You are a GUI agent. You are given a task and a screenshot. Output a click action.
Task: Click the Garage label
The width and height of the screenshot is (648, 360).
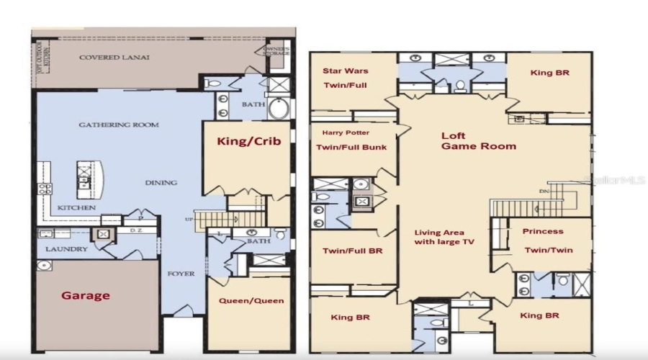(85, 295)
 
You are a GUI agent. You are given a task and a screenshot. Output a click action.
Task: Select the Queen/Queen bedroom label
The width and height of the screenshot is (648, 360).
(251, 300)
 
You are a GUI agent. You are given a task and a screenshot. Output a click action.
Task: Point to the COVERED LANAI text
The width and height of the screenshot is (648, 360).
(114, 58)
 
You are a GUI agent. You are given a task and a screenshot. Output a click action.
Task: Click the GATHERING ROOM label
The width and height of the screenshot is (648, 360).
(118, 125)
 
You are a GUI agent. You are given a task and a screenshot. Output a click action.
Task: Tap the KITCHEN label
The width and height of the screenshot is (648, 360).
(77, 207)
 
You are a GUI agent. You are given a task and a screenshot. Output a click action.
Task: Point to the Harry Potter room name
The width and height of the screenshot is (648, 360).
(346, 132)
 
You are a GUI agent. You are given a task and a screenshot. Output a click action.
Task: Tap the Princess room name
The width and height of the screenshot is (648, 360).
(544, 231)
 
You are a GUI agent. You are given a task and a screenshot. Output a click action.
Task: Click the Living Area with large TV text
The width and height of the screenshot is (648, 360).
(444, 237)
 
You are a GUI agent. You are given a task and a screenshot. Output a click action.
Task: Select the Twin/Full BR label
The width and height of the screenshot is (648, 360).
(352, 251)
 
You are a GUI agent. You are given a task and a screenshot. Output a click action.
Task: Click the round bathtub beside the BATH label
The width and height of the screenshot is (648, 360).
(277, 109)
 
